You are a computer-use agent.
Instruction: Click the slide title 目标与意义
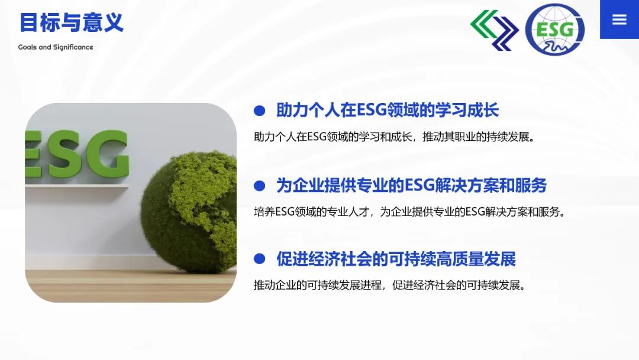point(72,22)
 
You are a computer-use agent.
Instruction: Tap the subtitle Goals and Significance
point(56,47)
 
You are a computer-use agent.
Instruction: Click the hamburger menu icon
point(619,19)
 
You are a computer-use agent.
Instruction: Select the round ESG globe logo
point(554,30)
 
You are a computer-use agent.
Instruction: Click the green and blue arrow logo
point(494,30)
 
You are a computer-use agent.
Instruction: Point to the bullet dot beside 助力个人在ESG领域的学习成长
point(259,111)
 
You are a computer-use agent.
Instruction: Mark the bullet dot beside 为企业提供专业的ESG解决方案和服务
point(259,186)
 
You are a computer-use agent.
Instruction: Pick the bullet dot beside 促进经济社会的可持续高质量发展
point(259,259)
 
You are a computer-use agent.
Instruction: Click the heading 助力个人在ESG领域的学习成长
point(388,110)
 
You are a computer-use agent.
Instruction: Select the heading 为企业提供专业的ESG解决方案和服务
point(412,185)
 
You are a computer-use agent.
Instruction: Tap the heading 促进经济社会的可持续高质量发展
point(396,259)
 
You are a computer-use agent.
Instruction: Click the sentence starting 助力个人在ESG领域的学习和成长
point(395,137)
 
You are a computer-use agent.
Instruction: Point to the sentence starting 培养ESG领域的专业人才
point(409,211)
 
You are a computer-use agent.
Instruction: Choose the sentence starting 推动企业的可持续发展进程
point(390,285)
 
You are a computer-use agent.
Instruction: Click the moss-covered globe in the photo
point(189,212)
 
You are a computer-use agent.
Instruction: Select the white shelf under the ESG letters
point(77,186)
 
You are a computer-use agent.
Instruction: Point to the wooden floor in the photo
point(130,285)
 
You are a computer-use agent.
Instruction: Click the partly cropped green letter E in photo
point(33,154)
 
